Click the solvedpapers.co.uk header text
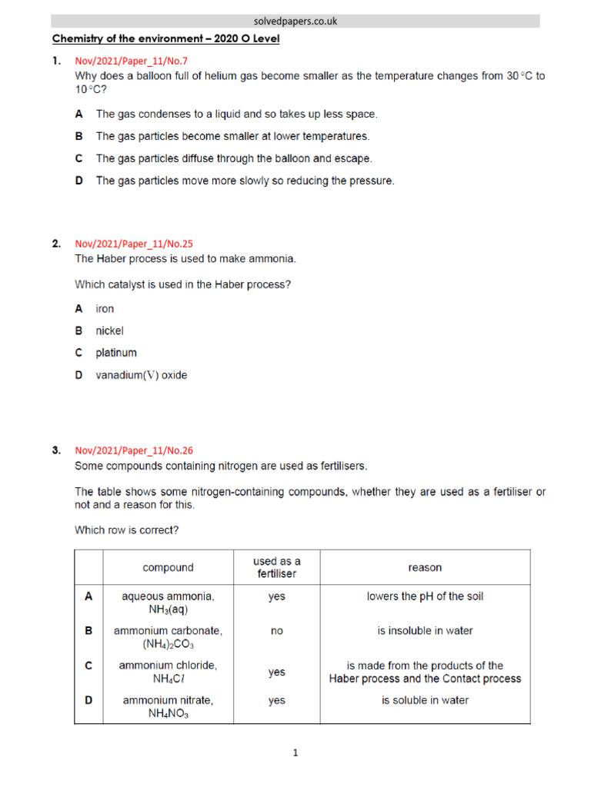click(x=295, y=22)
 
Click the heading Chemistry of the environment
click(x=165, y=38)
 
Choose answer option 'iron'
click(x=105, y=308)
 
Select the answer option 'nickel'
click(x=109, y=330)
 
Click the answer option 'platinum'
click(x=116, y=353)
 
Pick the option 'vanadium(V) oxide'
click(x=141, y=376)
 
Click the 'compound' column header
click(x=168, y=568)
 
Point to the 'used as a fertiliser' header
click(x=276, y=567)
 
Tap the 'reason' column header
click(x=425, y=568)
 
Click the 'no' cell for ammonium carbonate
click(x=276, y=631)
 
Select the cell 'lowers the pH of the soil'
click(x=425, y=596)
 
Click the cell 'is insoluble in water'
click(x=425, y=631)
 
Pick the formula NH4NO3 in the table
click(x=168, y=714)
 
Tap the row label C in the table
click(x=88, y=666)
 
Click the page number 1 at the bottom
click(x=295, y=753)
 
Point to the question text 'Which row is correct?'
click(x=127, y=530)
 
